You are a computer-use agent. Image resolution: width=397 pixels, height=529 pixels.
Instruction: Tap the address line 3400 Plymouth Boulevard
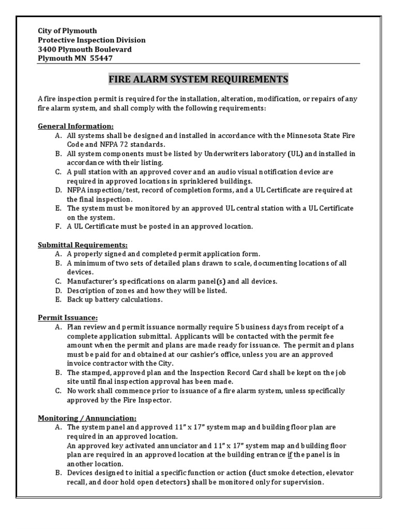(x=85, y=49)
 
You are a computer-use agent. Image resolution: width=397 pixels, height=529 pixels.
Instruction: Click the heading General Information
(x=76, y=126)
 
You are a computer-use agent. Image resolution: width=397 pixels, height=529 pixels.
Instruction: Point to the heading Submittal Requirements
(x=83, y=244)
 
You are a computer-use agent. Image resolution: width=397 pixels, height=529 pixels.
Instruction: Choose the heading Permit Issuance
(x=68, y=317)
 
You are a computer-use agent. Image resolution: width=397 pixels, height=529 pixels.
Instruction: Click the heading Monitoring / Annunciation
(x=87, y=418)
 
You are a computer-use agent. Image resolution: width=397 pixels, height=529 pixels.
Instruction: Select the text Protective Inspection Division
(x=92, y=40)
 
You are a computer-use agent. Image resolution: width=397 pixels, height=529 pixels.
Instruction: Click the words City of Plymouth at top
(x=67, y=30)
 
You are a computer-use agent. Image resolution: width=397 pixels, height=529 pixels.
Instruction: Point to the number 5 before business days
(x=238, y=327)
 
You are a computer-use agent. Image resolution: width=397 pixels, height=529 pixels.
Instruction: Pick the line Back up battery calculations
(x=115, y=300)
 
